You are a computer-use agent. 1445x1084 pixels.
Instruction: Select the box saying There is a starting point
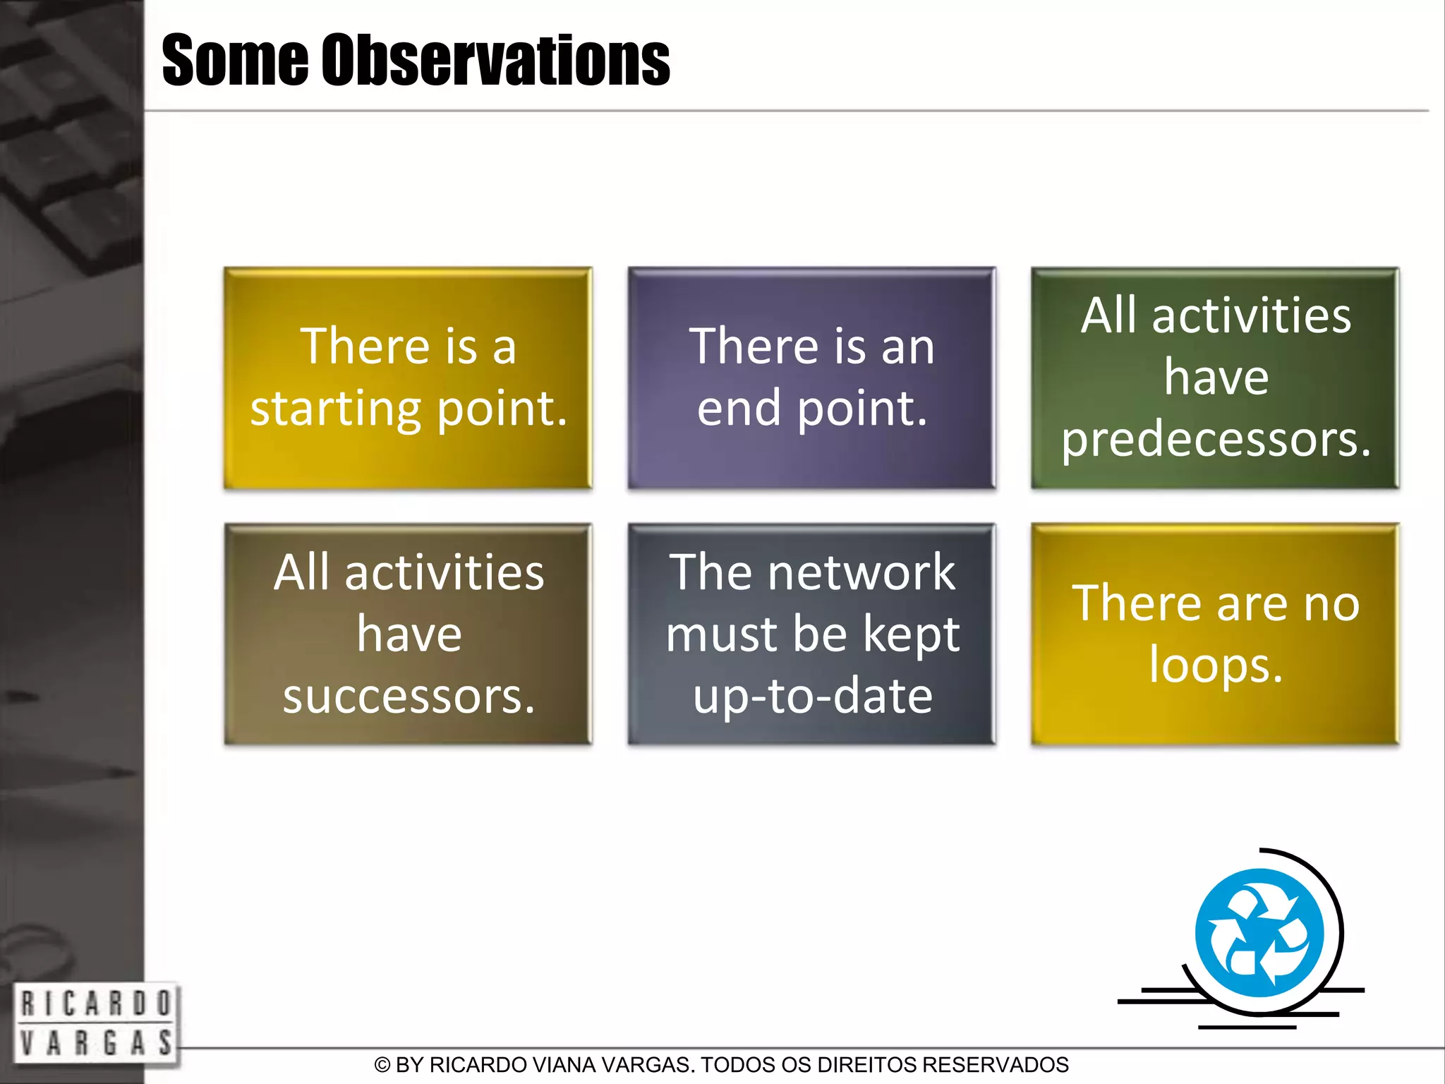tap(408, 378)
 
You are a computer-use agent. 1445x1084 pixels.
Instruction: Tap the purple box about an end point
tap(811, 378)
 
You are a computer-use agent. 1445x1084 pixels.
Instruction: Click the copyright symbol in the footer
tap(382, 1065)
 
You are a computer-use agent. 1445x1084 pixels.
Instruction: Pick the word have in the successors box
tap(409, 634)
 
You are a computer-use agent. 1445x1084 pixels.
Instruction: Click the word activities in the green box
tap(1251, 316)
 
